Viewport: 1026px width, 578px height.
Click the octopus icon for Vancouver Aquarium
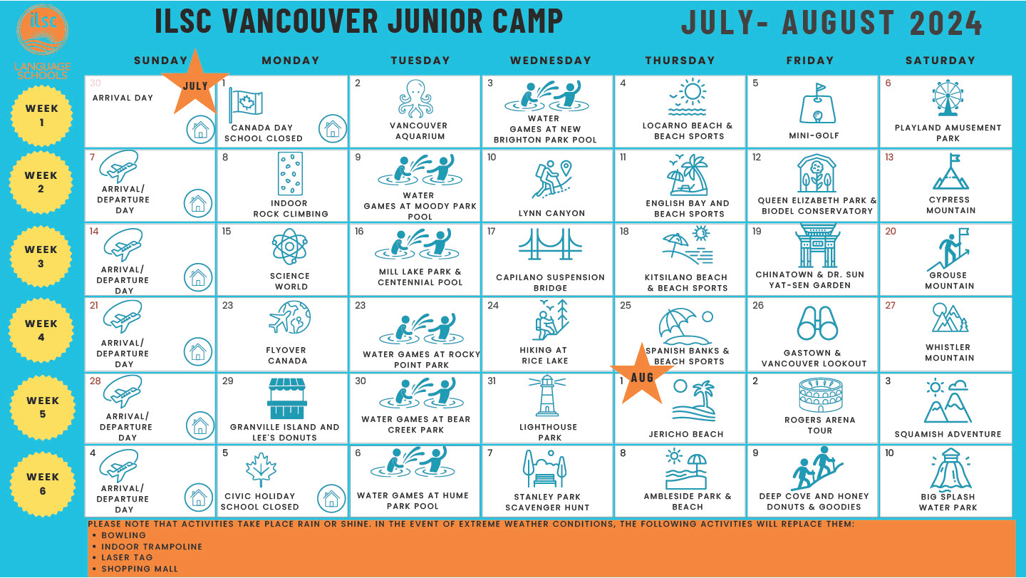click(x=415, y=98)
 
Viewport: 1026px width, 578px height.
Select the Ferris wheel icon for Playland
click(x=947, y=98)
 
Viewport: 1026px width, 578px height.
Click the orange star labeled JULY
click(x=195, y=83)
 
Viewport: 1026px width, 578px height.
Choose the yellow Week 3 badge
click(x=41, y=257)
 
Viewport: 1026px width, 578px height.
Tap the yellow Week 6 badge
click(x=43, y=484)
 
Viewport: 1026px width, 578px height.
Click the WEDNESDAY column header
click(x=551, y=61)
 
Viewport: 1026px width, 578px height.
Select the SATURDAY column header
click(x=940, y=61)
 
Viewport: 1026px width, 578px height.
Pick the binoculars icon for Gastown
click(x=817, y=324)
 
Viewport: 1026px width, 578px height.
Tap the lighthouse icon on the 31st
click(x=547, y=396)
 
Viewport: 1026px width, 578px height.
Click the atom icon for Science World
click(x=289, y=247)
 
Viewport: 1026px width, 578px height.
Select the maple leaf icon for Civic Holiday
click(x=261, y=470)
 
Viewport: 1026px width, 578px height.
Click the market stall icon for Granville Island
click(x=286, y=398)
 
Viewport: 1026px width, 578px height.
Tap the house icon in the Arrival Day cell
click(x=200, y=130)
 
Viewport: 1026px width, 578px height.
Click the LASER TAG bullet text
click(x=127, y=557)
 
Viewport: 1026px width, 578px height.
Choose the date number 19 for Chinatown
click(x=757, y=232)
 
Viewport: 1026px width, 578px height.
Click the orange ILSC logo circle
click(x=43, y=30)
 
